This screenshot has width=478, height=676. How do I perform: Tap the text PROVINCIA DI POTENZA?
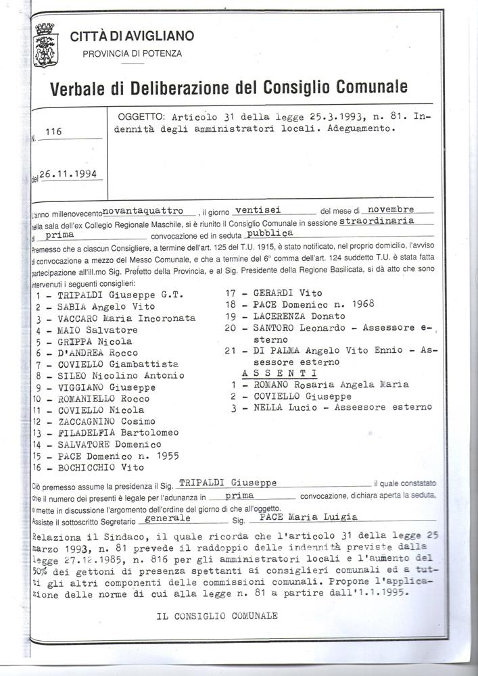click(132, 53)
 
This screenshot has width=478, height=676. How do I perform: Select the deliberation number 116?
click(53, 132)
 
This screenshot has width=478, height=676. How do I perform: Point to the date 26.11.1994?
click(67, 174)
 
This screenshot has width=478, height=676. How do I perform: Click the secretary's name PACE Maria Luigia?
click(308, 517)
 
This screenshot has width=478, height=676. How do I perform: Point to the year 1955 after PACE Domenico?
click(165, 456)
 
